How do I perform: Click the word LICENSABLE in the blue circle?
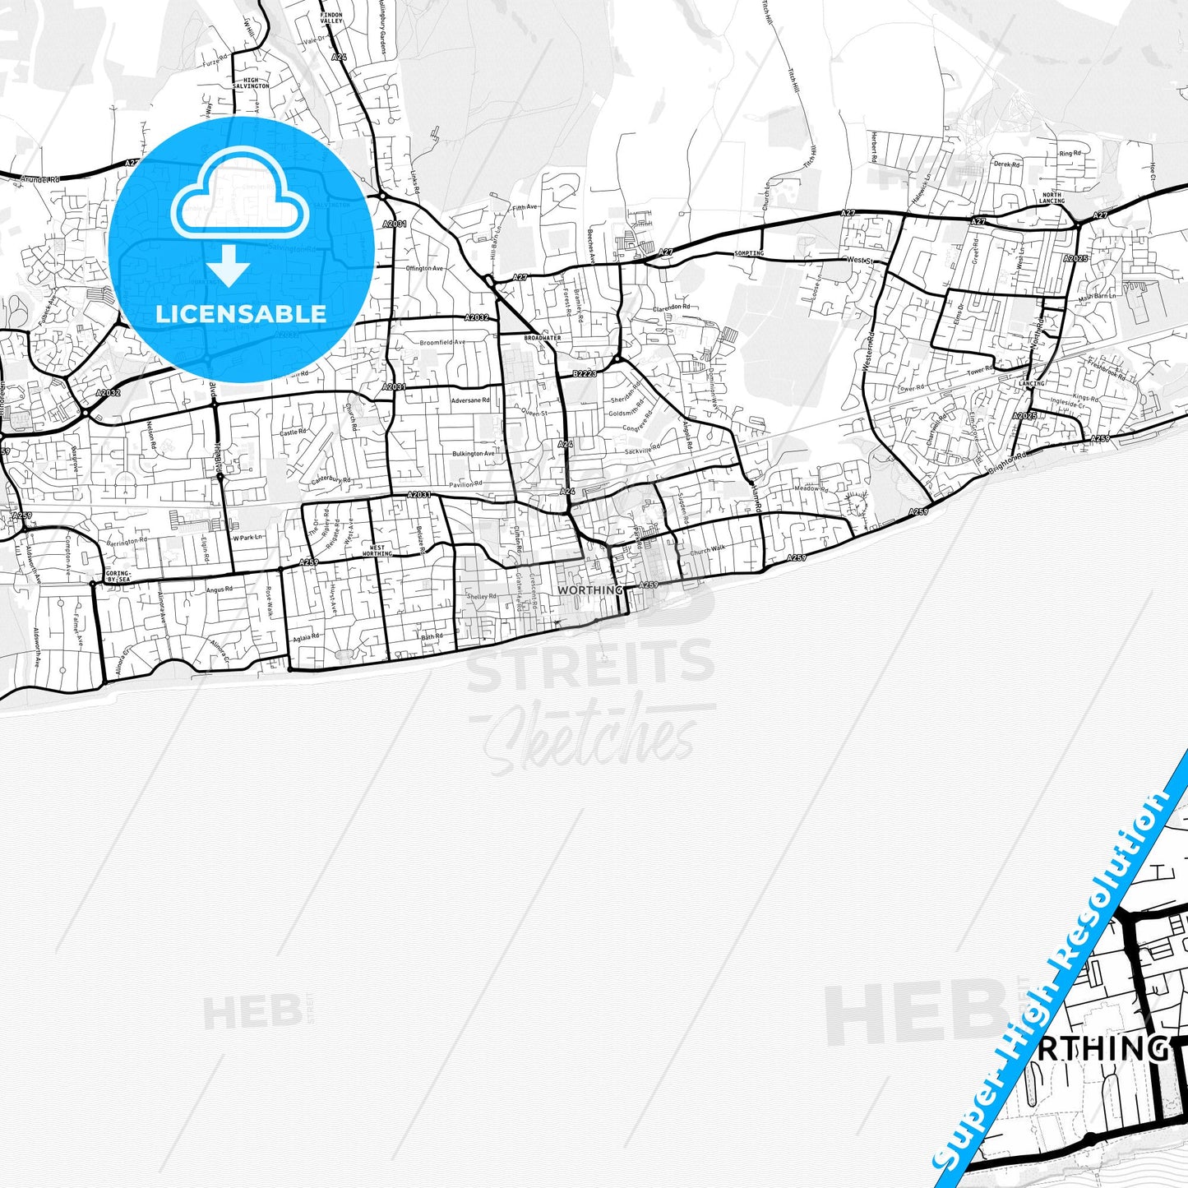coord(241,313)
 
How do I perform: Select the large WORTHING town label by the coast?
coord(589,590)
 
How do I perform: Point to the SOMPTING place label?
coord(749,253)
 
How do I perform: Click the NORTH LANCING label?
coord(1052,198)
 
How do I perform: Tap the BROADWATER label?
coord(541,338)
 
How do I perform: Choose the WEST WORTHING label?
coord(377,551)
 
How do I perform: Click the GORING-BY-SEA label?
coord(118,576)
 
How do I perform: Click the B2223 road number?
coord(584,374)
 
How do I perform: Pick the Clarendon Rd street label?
coord(672,307)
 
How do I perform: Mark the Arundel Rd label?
coord(41,178)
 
